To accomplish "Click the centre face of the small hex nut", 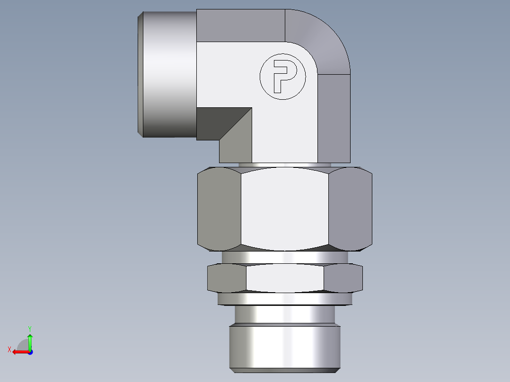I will click(x=285, y=278).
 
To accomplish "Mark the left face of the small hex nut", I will click(x=227, y=278).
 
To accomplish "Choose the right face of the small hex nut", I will click(x=343, y=278).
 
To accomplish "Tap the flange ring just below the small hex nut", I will click(x=285, y=299).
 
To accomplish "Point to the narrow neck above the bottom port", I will click(x=285, y=314).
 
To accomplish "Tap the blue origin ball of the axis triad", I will click(x=30, y=352).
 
